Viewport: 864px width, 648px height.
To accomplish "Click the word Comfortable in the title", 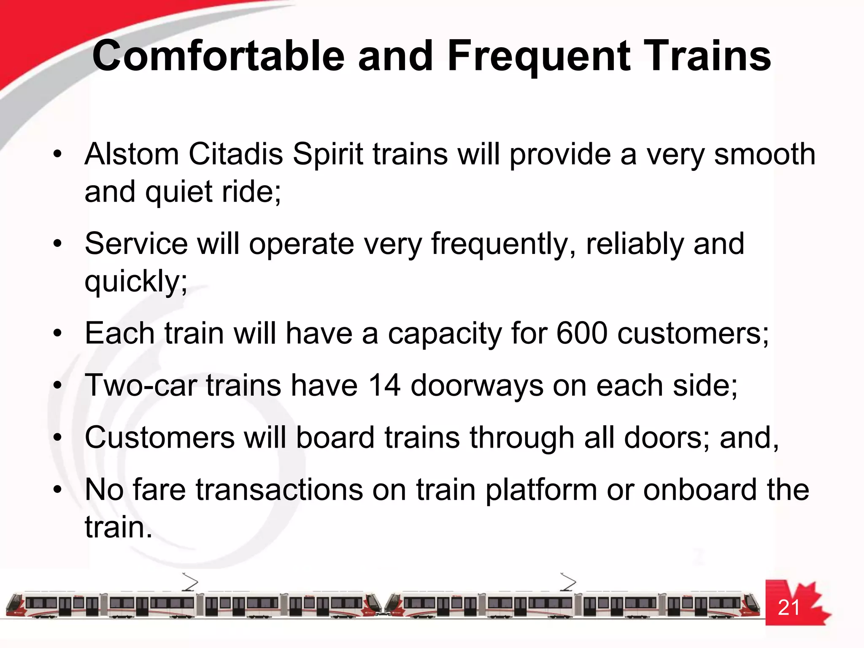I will [x=219, y=56].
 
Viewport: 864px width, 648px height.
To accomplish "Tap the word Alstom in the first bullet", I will [x=132, y=154].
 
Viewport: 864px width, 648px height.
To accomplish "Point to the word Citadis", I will [x=235, y=154].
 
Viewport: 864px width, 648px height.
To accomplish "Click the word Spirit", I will [x=328, y=154].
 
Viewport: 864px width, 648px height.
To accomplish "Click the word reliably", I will [x=634, y=245].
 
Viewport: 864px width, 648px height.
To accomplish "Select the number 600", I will [x=582, y=333].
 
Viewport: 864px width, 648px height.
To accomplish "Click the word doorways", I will [x=477, y=386].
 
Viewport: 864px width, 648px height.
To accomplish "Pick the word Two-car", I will [x=141, y=385].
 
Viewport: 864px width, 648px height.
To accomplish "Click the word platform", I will [x=540, y=491].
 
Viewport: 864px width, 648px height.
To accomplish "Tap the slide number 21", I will [x=788, y=607].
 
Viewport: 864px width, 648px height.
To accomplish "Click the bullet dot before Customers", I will [x=58, y=437].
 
